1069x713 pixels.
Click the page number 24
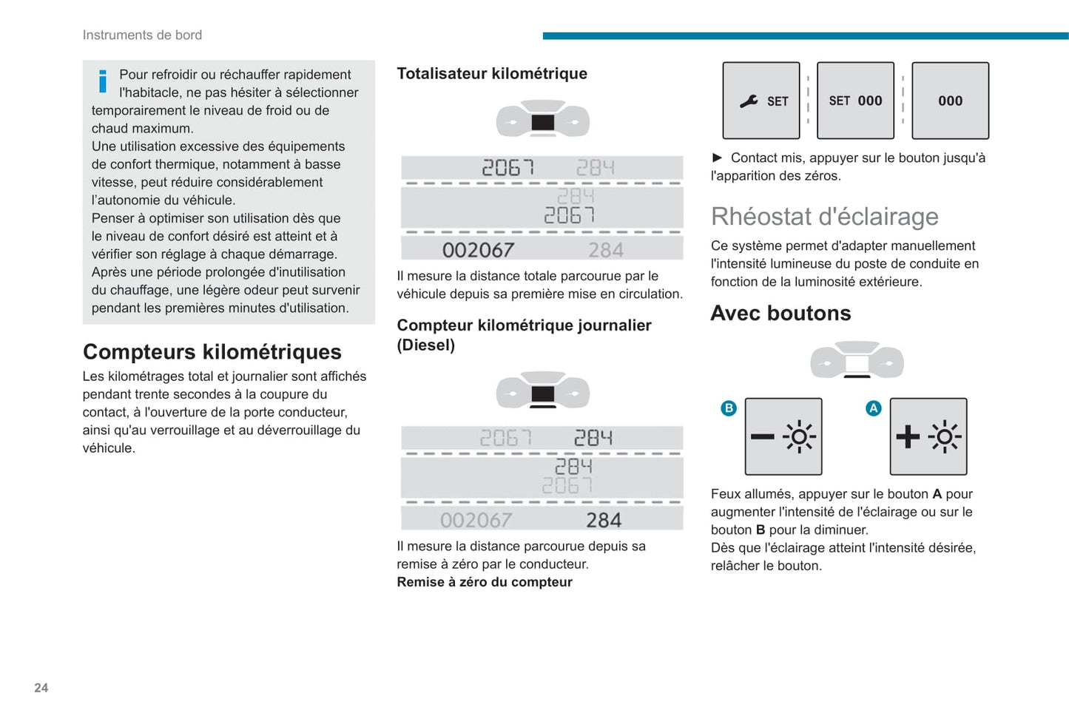[41, 688]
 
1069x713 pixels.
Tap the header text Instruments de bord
[142, 35]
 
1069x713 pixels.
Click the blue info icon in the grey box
[103, 81]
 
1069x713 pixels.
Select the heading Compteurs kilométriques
[212, 351]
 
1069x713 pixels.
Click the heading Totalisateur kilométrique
[492, 73]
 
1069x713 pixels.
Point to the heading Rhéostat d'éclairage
[824, 216]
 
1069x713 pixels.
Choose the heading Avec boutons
[780, 313]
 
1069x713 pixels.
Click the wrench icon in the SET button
[749, 101]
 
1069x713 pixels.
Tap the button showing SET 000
[855, 101]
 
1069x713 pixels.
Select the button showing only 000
[950, 101]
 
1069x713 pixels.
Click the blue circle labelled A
[874, 408]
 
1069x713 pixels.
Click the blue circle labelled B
[729, 408]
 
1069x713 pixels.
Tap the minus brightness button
[783, 436]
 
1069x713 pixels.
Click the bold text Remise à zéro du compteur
[485, 582]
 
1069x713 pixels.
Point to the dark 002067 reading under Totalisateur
[478, 250]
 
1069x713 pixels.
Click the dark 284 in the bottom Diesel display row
[604, 521]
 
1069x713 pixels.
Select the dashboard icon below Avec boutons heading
[857, 360]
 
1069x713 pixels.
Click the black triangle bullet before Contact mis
[717, 158]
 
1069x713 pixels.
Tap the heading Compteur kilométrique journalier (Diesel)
[524, 334]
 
